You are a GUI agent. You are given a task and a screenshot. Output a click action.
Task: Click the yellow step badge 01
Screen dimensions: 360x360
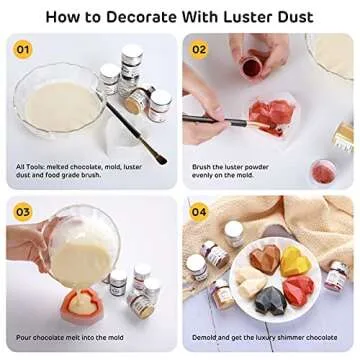23,48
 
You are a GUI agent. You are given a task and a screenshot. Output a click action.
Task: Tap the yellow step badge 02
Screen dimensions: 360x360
199,48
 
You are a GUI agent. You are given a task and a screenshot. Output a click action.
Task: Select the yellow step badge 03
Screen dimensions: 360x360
23,210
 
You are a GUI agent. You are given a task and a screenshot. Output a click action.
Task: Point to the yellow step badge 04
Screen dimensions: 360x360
199,210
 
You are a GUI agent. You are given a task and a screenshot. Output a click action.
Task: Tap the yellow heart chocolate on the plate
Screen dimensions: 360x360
296,263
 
